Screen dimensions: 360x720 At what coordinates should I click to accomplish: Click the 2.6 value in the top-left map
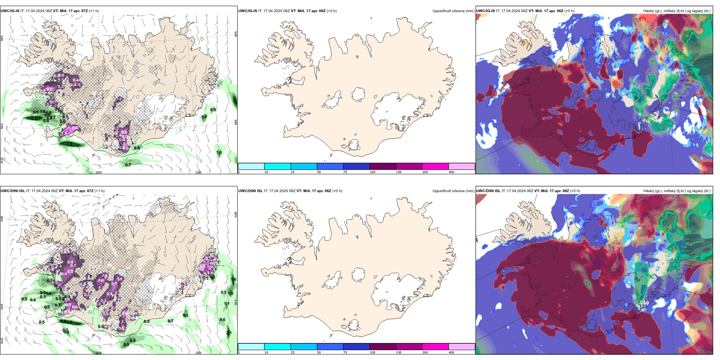(69, 144)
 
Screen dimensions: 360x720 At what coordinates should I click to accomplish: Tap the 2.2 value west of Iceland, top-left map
(34, 118)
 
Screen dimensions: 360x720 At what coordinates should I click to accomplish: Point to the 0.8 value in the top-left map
(137, 148)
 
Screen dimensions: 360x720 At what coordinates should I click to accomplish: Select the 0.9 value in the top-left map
(213, 110)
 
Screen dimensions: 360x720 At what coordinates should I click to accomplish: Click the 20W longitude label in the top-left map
(99, 172)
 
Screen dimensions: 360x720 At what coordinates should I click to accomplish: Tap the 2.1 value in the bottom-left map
(229, 333)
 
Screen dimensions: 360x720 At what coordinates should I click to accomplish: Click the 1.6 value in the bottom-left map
(233, 280)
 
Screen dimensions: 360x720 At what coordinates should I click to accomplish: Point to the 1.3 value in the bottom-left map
(186, 315)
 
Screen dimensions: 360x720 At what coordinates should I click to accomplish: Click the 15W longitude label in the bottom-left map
(198, 353)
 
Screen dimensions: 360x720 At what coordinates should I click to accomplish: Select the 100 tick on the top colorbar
(373, 172)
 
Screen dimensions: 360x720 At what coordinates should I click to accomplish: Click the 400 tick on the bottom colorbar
(451, 352)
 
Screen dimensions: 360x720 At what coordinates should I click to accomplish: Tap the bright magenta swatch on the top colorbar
(435, 166)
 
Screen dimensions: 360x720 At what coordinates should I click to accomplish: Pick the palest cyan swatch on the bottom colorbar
(251, 347)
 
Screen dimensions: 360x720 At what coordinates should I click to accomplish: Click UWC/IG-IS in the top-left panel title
(10, 11)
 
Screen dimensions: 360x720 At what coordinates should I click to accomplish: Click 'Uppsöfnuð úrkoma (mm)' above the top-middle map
(453, 11)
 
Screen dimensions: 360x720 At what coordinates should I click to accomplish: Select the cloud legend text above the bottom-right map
(677, 191)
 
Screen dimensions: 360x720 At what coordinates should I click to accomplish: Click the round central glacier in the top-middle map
(358, 94)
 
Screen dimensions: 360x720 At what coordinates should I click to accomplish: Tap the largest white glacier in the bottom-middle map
(398, 290)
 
